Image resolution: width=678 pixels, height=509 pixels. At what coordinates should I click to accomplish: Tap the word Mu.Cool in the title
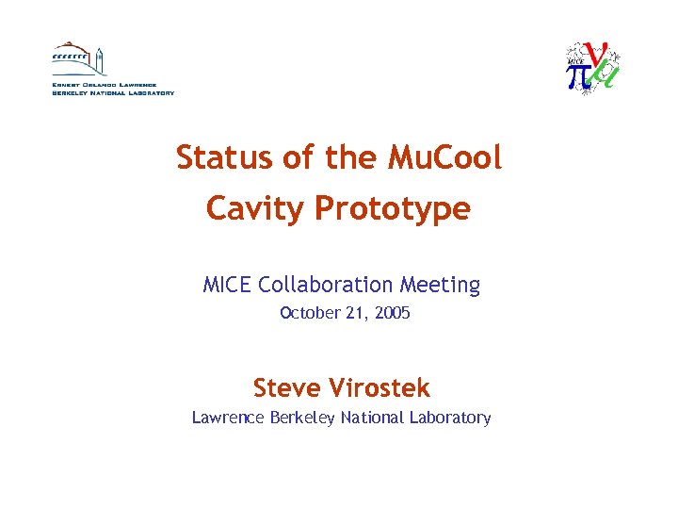coord(444,157)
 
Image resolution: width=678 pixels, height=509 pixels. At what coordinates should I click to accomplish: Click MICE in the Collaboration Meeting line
coord(226,285)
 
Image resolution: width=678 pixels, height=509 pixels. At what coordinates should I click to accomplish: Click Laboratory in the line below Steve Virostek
coord(451,418)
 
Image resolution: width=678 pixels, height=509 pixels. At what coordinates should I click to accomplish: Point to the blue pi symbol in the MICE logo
coord(578,74)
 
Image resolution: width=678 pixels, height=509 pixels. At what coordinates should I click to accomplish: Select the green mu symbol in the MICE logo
coord(607,75)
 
